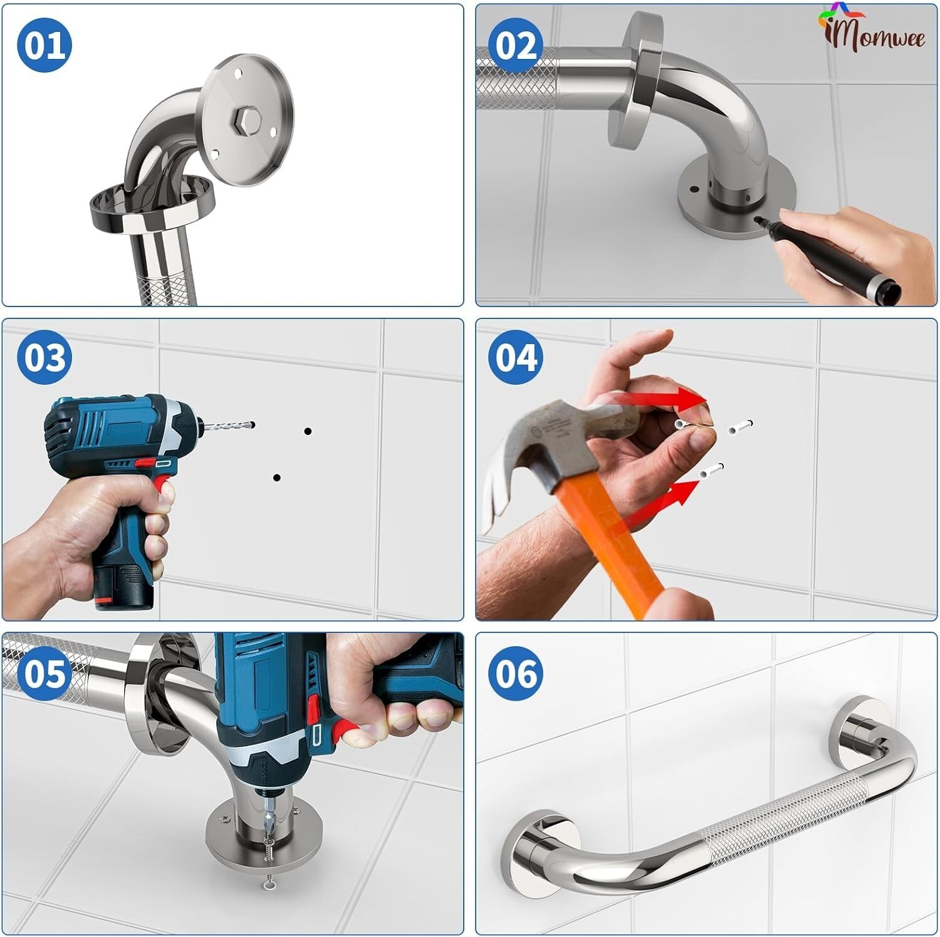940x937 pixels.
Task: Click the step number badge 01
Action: [44, 45]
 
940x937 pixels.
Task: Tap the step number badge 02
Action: [516, 45]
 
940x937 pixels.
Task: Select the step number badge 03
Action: [44, 357]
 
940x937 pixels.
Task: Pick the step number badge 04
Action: [516, 357]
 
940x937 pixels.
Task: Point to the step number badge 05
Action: [44, 673]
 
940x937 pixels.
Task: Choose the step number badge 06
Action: [516, 673]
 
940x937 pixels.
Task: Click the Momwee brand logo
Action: [872, 31]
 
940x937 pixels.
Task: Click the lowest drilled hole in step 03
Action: [276, 478]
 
